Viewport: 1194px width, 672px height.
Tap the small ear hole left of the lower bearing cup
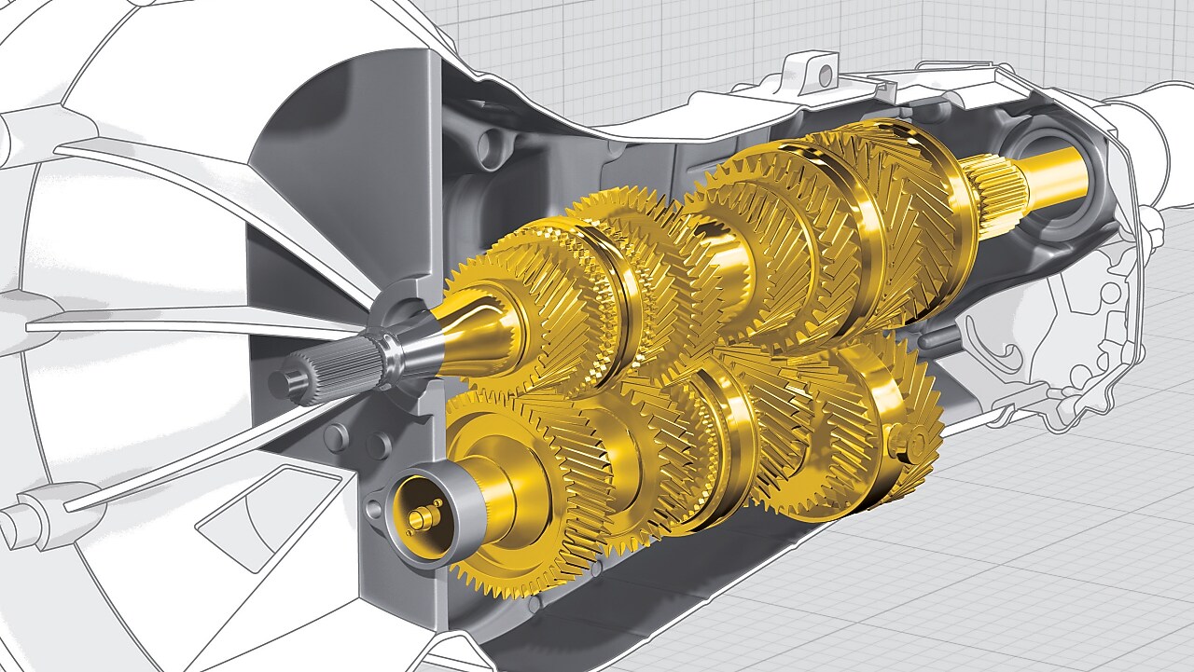375,508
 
